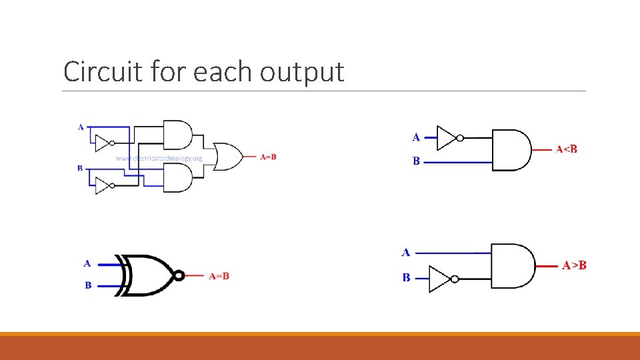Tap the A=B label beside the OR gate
pyautogui.click(x=268, y=157)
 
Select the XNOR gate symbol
pyautogui.click(x=148, y=275)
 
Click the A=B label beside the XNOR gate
pyautogui.click(x=219, y=275)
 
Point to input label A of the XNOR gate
pyautogui.click(x=87, y=263)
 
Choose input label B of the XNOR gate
pyautogui.click(x=87, y=285)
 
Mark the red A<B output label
pyautogui.click(x=567, y=149)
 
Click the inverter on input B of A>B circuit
pyautogui.click(x=441, y=279)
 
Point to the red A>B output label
pyautogui.click(x=574, y=265)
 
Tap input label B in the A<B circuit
pyautogui.click(x=416, y=161)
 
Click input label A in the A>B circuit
pyautogui.click(x=406, y=252)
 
